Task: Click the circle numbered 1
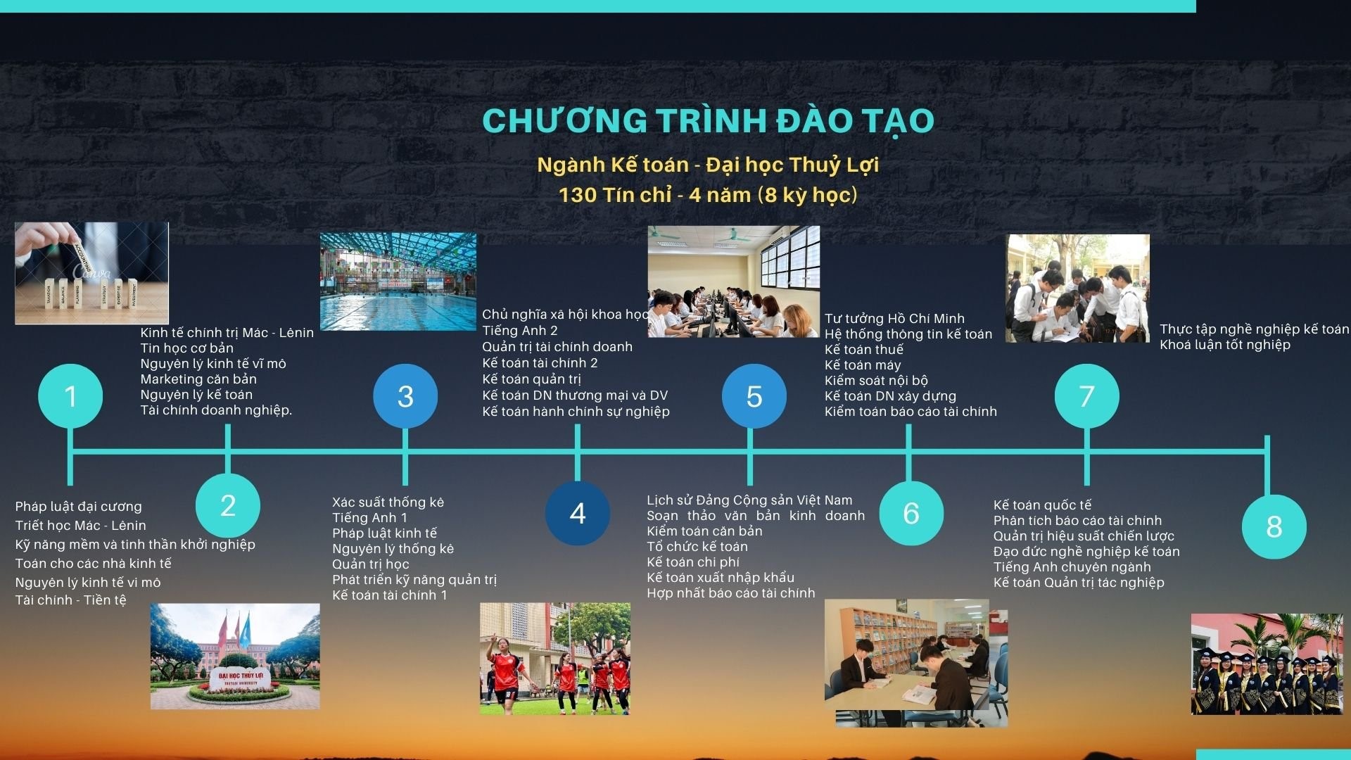tap(70, 396)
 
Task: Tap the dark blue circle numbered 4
tap(577, 513)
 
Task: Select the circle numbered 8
tap(1274, 526)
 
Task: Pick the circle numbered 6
tap(911, 513)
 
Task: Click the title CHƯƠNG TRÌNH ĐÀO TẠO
tap(708, 120)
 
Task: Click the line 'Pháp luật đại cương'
tap(79, 507)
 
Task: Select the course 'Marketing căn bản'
tap(198, 379)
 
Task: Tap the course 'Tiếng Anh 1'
tap(369, 518)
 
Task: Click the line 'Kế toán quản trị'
tap(531, 379)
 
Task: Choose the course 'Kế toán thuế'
tap(863, 350)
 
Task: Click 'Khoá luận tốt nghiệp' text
tap(1224, 345)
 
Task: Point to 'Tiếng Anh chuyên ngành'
tap(1072, 567)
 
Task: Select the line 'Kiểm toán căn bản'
tap(704, 531)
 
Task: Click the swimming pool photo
tap(398, 281)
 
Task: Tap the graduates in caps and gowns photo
tap(1267, 665)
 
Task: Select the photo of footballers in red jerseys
tap(554, 659)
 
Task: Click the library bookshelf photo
tap(915, 661)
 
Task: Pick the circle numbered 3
tap(405, 396)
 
